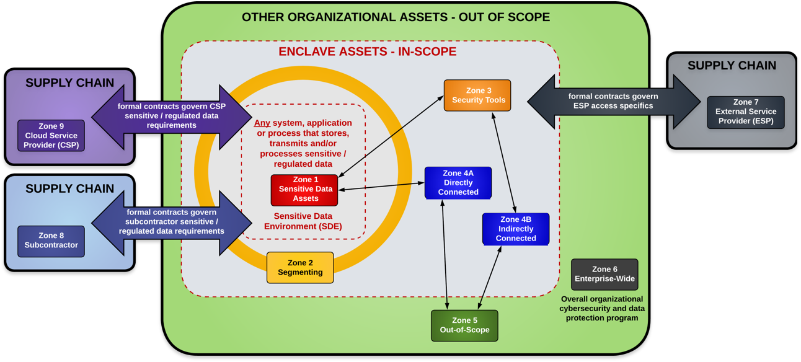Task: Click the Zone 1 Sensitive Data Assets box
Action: (x=304, y=190)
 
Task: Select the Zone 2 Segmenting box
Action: (x=300, y=268)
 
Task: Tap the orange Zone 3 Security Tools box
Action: (x=477, y=95)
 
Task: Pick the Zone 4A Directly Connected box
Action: (x=458, y=183)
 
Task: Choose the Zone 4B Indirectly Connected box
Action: (x=516, y=229)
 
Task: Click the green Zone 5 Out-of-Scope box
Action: (x=464, y=325)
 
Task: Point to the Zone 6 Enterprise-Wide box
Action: (x=604, y=274)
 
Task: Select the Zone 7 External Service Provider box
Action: (x=745, y=112)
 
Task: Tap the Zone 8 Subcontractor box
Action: (x=51, y=241)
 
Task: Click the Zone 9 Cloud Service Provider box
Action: (x=51, y=136)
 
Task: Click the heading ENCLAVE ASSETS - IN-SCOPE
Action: (x=367, y=51)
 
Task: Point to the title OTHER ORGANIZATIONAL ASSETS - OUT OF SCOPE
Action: (x=396, y=17)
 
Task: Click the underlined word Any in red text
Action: (x=262, y=123)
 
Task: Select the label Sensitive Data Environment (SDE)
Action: (x=303, y=221)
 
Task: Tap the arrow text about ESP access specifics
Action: (x=613, y=101)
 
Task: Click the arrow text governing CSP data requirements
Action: (x=172, y=116)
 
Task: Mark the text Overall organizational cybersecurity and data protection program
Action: (x=602, y=308)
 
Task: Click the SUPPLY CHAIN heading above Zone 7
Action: (x=732, y=66)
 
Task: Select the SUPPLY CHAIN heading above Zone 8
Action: (x=69, y=189)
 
